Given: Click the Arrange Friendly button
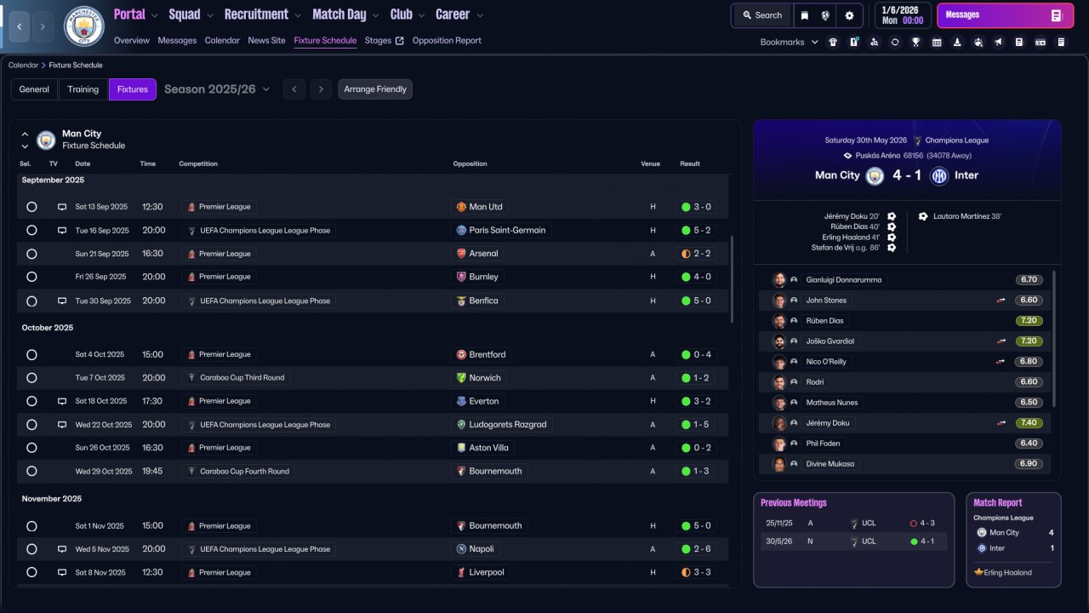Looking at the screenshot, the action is point(375,89).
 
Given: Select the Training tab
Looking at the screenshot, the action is point(83,89).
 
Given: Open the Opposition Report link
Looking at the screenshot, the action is point(447,40).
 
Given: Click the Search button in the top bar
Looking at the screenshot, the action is point(762,15).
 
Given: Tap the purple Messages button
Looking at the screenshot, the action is point(1005,15).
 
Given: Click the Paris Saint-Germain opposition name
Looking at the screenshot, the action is point(507,230).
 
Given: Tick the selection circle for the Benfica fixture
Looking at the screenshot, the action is point(31,301).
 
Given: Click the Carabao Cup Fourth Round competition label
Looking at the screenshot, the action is point(244,471).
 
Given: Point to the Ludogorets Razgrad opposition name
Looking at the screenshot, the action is point(508,424).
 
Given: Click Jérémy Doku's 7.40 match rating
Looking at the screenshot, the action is point(1029,423).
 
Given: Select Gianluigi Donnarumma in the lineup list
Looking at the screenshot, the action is point(843,280).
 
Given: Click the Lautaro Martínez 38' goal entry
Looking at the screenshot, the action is point(967,216).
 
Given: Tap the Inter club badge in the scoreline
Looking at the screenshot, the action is point(938,175).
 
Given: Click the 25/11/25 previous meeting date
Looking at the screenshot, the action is point(778,523).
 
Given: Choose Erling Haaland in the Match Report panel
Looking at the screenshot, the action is point(1007,573).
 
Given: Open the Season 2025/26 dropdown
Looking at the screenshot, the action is point(217,89).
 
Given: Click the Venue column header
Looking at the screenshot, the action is point(650,164).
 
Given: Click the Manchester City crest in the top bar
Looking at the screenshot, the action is point(83,26).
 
